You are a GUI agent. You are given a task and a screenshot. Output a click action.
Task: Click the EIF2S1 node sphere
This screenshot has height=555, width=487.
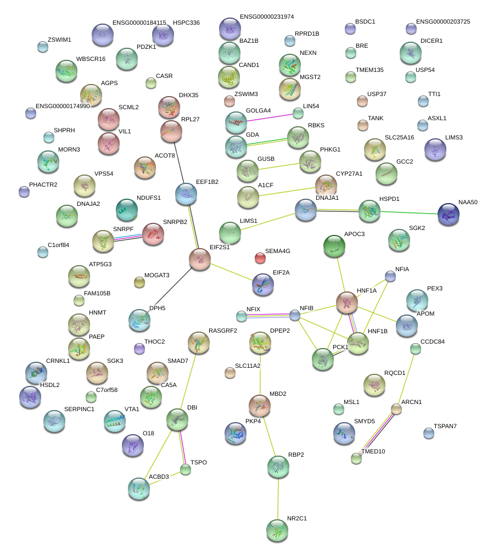coord(199,259)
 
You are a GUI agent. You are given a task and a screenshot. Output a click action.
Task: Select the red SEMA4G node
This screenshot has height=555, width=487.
coord(260,257)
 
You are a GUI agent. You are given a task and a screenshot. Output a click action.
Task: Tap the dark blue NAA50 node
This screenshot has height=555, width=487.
coord(449,214)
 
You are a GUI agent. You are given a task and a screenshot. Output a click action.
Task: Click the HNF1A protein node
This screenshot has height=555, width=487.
coord(347,302)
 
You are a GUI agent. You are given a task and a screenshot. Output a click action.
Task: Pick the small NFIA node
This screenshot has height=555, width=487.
coord(390,276)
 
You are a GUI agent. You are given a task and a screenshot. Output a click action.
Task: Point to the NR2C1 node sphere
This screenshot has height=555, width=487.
coord(277,529)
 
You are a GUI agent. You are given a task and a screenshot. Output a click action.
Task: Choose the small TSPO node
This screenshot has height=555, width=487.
coord(186,469)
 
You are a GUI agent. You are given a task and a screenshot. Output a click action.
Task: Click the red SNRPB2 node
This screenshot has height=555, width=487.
coord(153,233)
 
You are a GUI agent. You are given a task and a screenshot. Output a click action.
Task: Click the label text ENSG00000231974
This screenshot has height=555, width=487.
coord(267,17)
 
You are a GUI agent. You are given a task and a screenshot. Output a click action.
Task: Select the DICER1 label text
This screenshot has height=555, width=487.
coord(431,41)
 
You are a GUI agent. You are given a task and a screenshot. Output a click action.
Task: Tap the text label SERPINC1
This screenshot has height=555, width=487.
coord(79,409)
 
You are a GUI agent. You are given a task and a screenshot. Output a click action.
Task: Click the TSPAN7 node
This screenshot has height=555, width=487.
coord(429,434)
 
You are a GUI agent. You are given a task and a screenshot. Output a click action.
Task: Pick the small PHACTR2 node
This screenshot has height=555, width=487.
coord(24,192)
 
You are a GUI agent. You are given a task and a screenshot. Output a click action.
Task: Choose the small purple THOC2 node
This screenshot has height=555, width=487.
coord(139,348)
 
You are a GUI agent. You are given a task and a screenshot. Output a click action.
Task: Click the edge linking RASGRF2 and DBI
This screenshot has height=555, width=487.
coord(188,380)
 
